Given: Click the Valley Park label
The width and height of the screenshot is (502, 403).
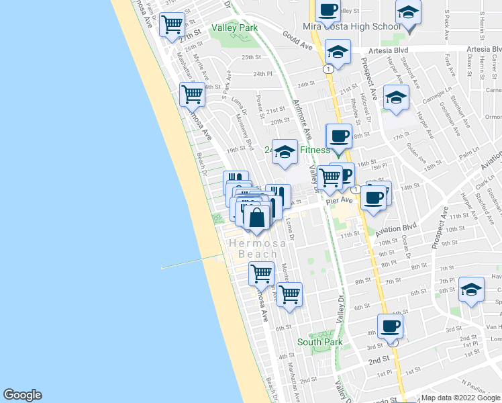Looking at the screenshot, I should (234, 28).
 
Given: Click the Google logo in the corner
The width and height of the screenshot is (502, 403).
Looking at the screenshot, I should (22, 395).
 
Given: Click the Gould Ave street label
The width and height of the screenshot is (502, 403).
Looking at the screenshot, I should (298, 40).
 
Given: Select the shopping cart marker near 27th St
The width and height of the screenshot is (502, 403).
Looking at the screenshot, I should (172, 24).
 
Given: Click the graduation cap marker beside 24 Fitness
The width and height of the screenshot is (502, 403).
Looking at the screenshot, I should (285, 152).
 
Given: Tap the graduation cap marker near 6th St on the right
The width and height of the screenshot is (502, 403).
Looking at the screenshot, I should (471, 289).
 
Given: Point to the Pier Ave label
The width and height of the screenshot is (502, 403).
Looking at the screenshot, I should (340, 200).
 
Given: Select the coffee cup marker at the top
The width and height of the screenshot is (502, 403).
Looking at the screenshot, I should (328, 11).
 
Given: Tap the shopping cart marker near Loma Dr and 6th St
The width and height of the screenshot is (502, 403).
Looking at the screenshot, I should (289, 295).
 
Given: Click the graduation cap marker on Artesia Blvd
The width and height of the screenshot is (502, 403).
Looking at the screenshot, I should (338, 52).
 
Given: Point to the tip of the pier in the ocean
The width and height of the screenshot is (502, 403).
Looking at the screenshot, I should (162, 268).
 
